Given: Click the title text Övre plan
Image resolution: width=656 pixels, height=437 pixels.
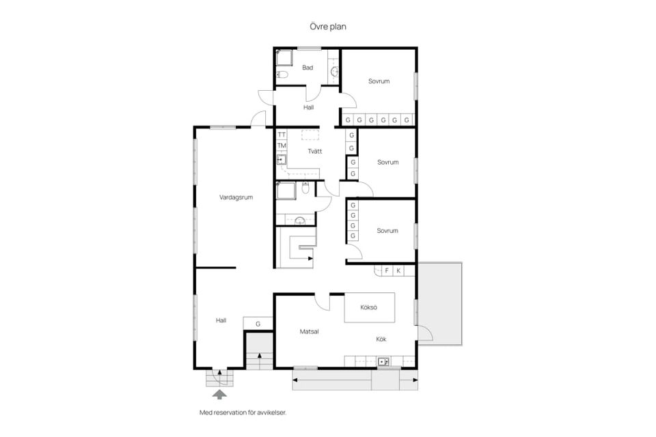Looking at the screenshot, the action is pyautogui.click(x=328, y=27).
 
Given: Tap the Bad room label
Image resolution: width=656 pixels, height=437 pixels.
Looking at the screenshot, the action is pyautogui.click(x=307, y=68).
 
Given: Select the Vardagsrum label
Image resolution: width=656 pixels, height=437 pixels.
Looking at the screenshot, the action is pyautogui.click(x=236, y=197).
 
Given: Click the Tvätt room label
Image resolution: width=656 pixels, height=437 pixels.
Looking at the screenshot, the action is pyautogui.click(x=315, y=152).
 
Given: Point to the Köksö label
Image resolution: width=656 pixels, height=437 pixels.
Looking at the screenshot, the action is pyautogui.click(x=368, y=307).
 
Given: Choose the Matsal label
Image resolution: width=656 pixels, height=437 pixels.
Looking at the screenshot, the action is pyautogui.click(x=309, y=332).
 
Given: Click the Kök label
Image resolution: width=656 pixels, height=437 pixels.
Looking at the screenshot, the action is pyautogui.click(x=381, y=339).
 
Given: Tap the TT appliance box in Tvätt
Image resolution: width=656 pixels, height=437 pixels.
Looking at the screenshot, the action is pyautogui.click(x=282, y=135).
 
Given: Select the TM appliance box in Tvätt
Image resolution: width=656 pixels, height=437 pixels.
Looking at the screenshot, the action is pyautogui.click(x=282, y=145).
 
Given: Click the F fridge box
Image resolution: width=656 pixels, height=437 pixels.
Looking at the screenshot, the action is pyautogui.click(x=387, y=270).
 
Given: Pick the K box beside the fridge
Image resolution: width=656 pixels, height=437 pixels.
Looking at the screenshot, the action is pyautogui.click(x=398, y=270).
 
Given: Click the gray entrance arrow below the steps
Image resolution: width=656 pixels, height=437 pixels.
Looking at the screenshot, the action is pyautogui.click(x=220, y=395).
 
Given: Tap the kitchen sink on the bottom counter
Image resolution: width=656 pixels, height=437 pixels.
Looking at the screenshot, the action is pyautogui.click(x=383, y=361).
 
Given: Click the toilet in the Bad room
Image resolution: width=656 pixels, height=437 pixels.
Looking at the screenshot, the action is pyautogui.click(x=282, y=75).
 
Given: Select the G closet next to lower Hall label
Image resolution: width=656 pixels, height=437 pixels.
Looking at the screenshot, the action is pyautogui.click(x=258, y=323).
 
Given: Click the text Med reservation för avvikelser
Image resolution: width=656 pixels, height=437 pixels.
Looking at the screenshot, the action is pyautogui.click(x=243, y=412).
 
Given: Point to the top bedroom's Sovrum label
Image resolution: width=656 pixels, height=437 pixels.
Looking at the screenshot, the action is pyautogui.click(x=379, y=81).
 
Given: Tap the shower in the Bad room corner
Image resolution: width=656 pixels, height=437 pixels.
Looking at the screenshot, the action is pyautogui.click(x=284, y=58).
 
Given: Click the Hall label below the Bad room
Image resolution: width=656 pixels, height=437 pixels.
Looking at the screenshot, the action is pyautogui.click(x=308, y=107).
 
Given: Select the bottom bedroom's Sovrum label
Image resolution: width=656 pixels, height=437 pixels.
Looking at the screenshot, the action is pyautogui.click(x=387, y=230).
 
